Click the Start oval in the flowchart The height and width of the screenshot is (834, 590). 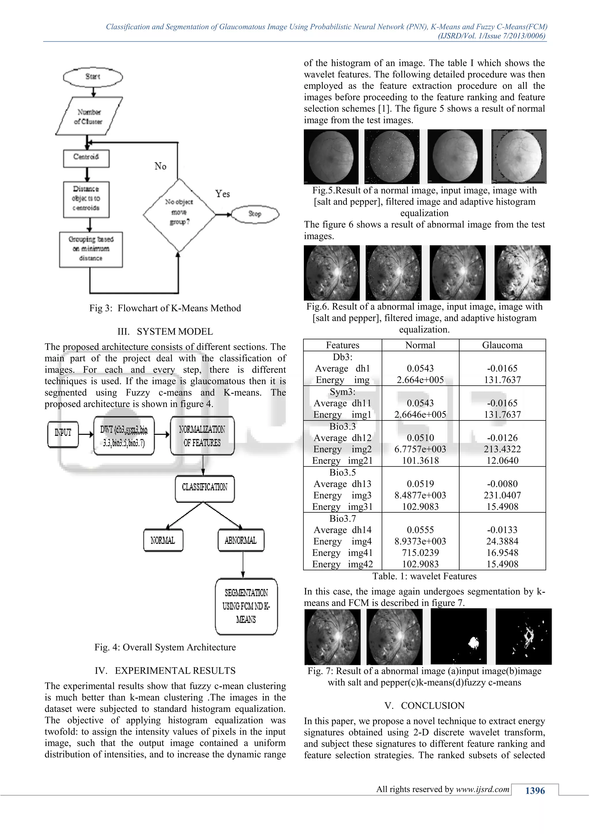93,77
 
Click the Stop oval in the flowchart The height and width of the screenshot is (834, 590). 255,214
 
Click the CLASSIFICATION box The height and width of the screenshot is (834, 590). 205,488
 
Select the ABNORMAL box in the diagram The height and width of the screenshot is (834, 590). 241,541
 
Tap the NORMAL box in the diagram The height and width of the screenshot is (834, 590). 163,541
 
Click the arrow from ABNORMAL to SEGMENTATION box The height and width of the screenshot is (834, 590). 243,565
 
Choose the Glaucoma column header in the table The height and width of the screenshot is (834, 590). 502,345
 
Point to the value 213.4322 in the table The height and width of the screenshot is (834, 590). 502,449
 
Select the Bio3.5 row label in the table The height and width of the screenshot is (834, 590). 342,472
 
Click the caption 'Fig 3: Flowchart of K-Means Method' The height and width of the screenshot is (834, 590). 165,308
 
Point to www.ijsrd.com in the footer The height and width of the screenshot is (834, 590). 483,789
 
